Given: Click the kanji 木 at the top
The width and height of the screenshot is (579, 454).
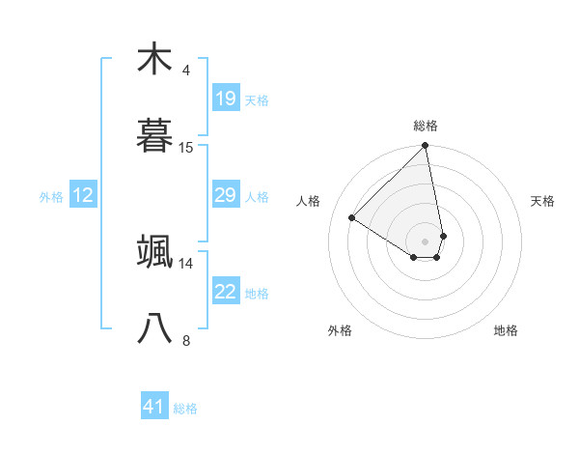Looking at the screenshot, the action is click(x=154, y=60).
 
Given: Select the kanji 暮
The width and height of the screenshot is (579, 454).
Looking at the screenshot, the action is click(x=154, y=137).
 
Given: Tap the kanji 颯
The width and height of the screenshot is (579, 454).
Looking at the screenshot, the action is click(x=154, y=252).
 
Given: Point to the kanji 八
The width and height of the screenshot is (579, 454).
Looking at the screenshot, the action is click(x=154, y=329).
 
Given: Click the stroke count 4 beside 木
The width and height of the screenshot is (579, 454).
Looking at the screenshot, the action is click(x=185, y=71).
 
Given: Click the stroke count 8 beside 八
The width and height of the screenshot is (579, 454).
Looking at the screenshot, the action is click(x=185, y=340).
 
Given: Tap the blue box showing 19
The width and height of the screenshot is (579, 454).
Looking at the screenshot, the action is click(x=225, y=99).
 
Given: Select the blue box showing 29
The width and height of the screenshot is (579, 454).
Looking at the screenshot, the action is click(x=225, y=195).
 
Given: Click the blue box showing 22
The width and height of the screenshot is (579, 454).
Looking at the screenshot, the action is click(x=225, y=292).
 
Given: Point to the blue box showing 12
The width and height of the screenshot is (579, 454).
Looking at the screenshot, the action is click(x=83, y=195).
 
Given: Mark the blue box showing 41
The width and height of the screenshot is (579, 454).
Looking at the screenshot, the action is click(x=154, y=408).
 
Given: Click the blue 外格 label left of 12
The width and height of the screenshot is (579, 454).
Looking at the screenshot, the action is click(x=51, y=197).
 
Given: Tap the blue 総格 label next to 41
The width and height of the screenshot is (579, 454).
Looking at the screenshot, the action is click(x=185, y=409).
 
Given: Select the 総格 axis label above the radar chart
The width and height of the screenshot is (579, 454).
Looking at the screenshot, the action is click(x=426, y=126).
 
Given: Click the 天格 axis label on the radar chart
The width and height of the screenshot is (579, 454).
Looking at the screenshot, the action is click(x=543, y=201).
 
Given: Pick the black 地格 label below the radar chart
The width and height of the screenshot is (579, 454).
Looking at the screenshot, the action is click(x=506, y=330).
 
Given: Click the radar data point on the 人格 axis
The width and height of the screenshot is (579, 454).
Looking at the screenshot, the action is click(x=352, y=218).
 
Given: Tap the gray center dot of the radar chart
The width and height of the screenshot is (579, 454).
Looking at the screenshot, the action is click(x=426, y=241).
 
